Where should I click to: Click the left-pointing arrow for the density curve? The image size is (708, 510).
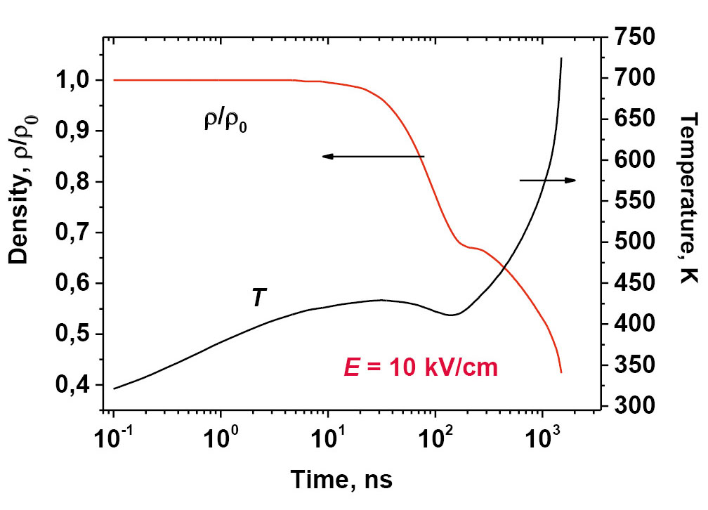373,157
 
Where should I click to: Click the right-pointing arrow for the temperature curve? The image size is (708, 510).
548,181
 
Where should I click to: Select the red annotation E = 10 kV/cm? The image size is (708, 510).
420,367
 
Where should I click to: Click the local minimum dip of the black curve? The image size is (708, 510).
450,315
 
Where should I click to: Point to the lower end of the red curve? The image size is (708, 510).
560,372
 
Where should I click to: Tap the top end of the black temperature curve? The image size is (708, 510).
561,58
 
